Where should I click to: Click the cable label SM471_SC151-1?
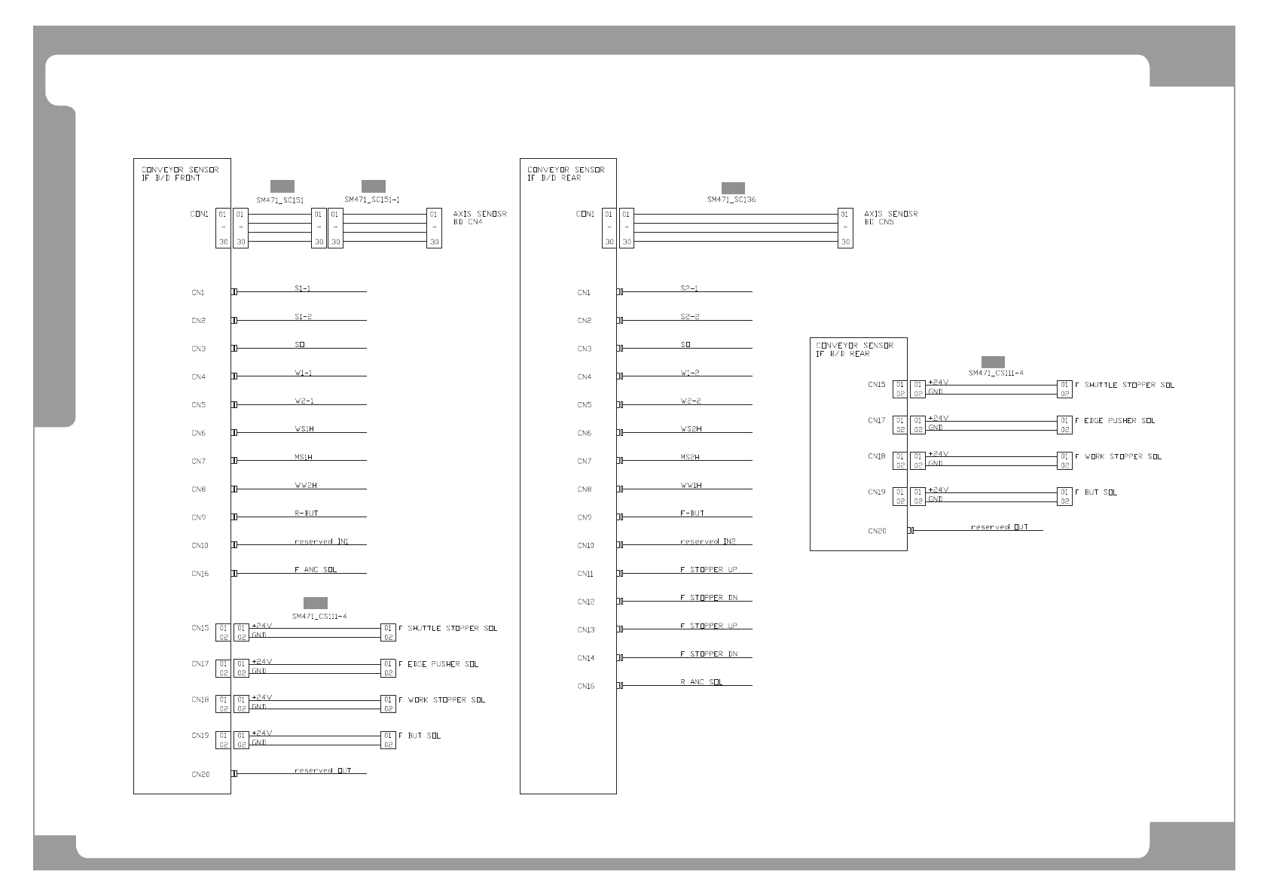click(372, 200)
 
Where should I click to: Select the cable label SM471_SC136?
click(731, 200)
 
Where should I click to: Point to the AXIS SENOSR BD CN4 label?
click(480, 218)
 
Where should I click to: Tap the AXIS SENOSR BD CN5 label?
click(890, 218)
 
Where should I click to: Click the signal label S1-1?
click(302, 288)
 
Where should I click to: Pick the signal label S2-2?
click(689, 316)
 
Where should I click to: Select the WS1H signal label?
click(304, 429)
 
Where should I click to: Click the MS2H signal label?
click(689, 457)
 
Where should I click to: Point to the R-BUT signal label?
click(306, 514)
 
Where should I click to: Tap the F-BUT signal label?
click(692, 514)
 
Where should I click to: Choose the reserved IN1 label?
click(321, 541)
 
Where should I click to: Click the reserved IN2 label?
click(707, 541)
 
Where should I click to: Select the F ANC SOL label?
click(315, 570)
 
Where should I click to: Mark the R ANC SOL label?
click(701, 682)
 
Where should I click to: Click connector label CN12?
click(585, 602)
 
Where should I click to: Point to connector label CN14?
click(585, 658)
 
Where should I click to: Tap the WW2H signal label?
click(305, 486)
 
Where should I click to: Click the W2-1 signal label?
click(304, 401)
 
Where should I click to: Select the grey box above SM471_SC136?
click(733, 187)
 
